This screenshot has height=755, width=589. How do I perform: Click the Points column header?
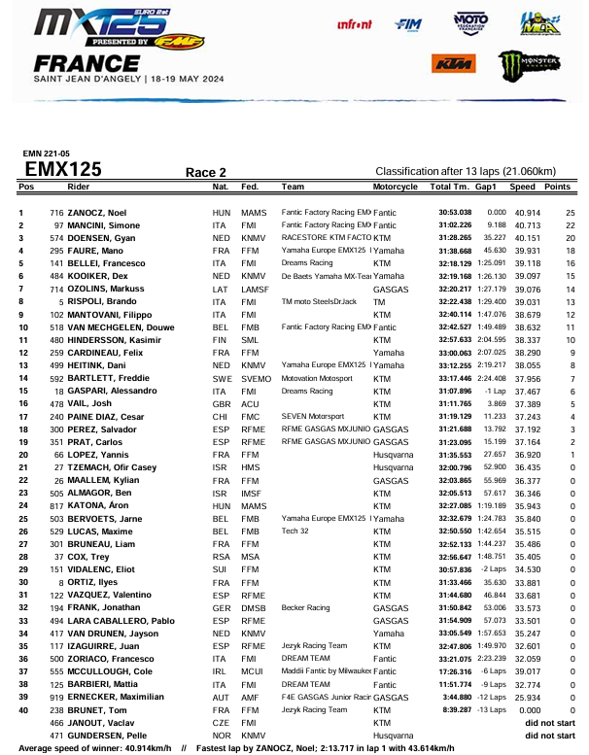click(x=557, y=187)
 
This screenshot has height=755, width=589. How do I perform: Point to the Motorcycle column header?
click(x=396, y=187)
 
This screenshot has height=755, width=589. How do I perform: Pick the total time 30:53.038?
click(x=455, y=212)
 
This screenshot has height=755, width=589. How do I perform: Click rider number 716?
click(x=56, y=212)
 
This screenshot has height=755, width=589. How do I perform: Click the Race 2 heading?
click(x=206, y=172)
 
